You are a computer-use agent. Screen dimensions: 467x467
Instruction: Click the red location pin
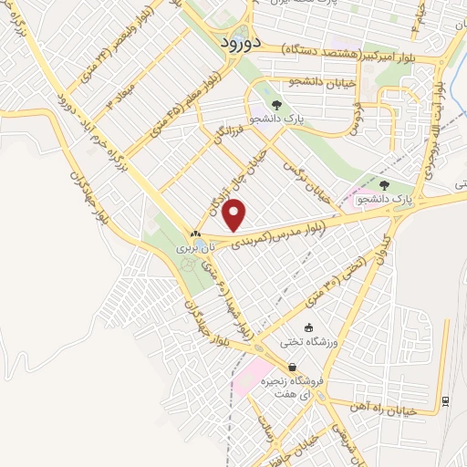point(235,215)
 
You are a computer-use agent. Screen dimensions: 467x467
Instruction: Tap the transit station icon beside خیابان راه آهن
point(444,400)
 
